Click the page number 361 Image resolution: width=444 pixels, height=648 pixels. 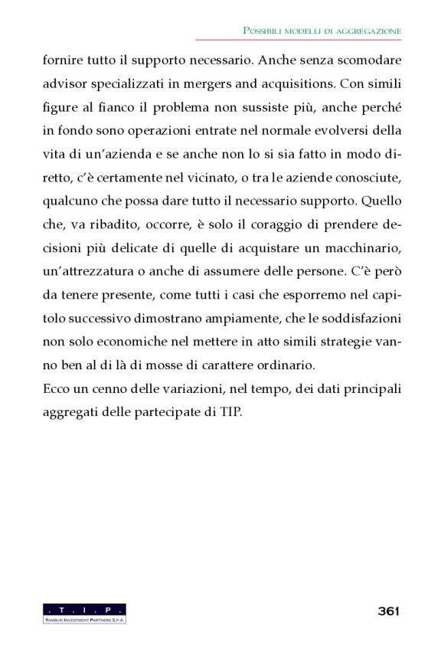[390, 610]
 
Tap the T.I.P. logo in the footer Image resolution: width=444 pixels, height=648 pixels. [85, 613]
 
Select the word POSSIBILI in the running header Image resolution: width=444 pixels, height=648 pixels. [265, 31]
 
